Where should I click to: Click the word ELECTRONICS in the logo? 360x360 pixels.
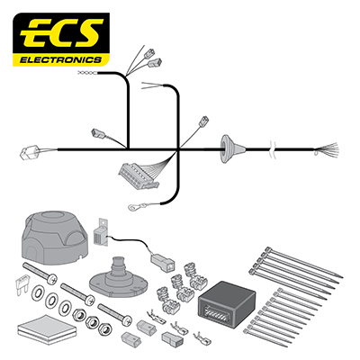[x=60, y=59]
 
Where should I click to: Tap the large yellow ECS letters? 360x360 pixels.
[x=62, y=34]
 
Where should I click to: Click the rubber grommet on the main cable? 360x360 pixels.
[x=232, y=148]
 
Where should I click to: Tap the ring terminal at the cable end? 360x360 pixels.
[x=134, y=206]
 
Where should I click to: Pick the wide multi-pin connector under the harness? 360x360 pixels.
[x=139, y=175]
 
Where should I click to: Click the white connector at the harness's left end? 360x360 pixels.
[x=30, y=153]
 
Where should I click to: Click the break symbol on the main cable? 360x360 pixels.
[x=273, y=148]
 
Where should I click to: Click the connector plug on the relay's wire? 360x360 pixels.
[x=163, y=261]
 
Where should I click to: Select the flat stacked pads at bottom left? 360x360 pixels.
[x=47, y=328]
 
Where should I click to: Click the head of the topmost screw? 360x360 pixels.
[x=52, y=279]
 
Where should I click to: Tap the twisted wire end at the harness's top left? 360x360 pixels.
[x=87, y=73]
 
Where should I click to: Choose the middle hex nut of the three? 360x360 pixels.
[x=93, y=322]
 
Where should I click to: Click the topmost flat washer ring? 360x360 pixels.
[x=38, y=292]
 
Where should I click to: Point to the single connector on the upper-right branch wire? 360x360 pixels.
[x=204, y=121]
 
